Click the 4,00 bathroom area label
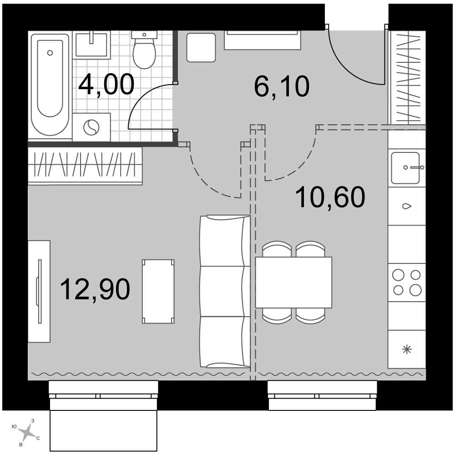tap(106, 85)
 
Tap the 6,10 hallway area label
tap(282, 86)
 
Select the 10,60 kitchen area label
tap(330, 197)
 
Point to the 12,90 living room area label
tap(95, 289)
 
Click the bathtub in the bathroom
tap(50, 85)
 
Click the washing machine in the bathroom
tap(91, 127)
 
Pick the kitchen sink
tap(405, 168)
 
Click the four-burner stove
tap(407, 283)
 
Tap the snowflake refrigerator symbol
tap(407, 349)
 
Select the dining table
tap(293, 283)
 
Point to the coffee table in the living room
tap(158, 291)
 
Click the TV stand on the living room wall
tap(39, 291)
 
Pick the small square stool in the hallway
tap(201, 47)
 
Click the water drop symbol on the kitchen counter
tap(407, 206)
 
